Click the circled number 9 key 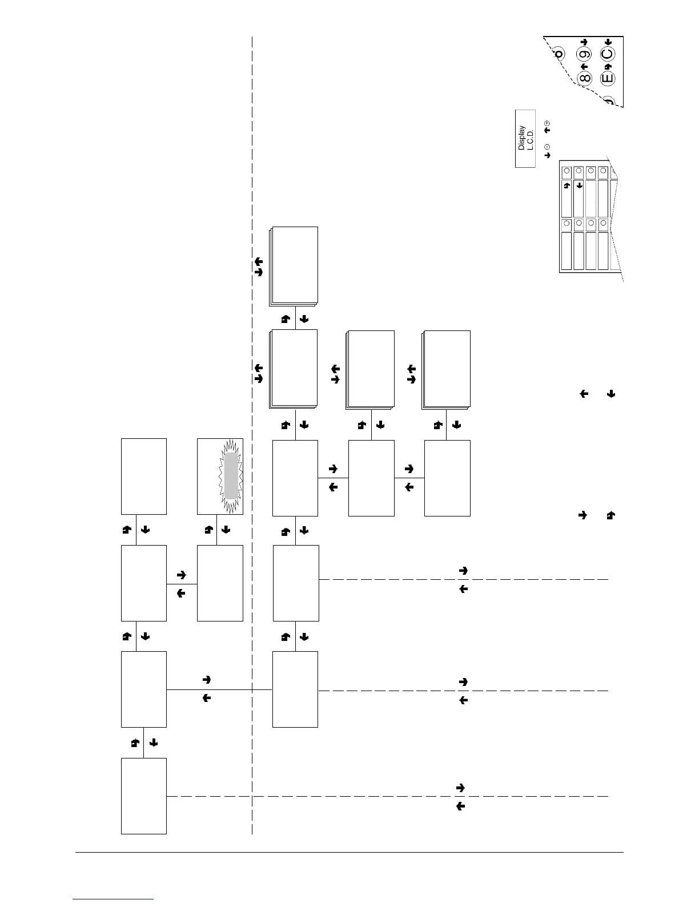click(x=584, y=56)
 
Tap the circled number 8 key click(x=584, y=78)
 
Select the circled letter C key click(x=608, y=55)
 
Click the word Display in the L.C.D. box click(x=521, y=138)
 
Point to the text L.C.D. click(x=530, y=138)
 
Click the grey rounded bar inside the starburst click(x=231, y=475)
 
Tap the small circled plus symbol click(x=547, y=123)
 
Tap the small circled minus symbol click(x=547, y=147)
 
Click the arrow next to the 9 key click(x=584, y=42)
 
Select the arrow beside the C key click(x=608, y=42)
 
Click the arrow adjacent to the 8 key click(x=584, y=67)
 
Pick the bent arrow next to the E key click(x=608, y=67)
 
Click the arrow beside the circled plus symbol click(x=547, y=131)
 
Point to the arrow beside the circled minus click(x=547, y=155)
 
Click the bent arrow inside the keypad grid click(x=567, y=185)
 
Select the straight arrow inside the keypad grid click(x=579, y=185)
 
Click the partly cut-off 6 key click(x=559, y=54)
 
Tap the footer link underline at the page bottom click(x=113, y=899)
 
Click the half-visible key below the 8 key click(x=609, y=102)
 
